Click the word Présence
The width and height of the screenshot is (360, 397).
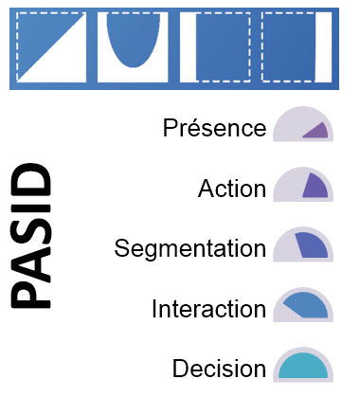pos(214,127)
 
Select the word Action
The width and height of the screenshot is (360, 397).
pos(232,188)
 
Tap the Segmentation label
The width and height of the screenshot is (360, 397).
pos(189,248)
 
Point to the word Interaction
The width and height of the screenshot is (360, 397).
pos(208,309)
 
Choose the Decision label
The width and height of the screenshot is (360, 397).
pos(219,369)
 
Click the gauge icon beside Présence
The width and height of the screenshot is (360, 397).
pos(301,127)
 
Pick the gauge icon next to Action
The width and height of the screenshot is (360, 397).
pos(301,187)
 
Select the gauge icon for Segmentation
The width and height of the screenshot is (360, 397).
pos(301,246)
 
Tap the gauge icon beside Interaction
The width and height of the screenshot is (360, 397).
pos(301,306)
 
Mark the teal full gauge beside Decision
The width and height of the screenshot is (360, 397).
pos(301,367)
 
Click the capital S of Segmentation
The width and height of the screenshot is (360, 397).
pos(121,248)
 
